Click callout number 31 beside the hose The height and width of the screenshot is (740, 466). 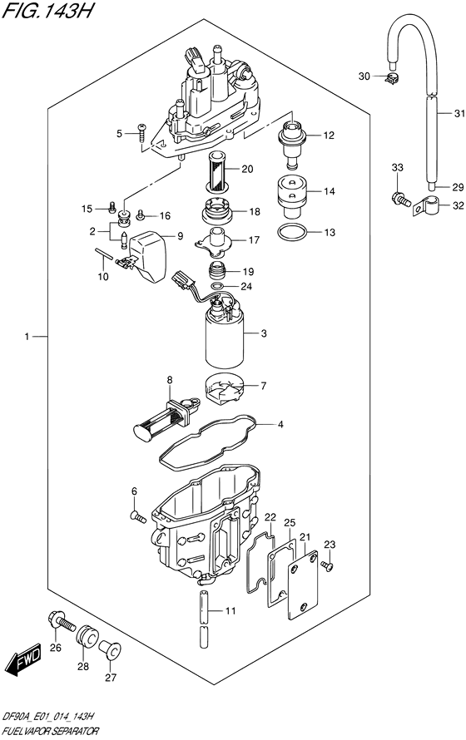[459, 114]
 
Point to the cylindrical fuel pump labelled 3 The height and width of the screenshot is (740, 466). [225, 336]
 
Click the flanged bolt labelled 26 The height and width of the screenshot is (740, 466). [62, 623]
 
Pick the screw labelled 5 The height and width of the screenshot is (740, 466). [142, 130]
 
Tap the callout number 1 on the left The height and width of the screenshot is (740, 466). [27, 337]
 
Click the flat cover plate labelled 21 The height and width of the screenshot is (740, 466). [303, 585]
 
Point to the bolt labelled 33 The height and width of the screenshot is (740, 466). [398, 198]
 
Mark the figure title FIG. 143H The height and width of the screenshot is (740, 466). [47, 10]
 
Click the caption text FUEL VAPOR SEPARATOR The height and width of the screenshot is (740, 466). [51, 731]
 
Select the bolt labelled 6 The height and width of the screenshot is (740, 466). [137, 517]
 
